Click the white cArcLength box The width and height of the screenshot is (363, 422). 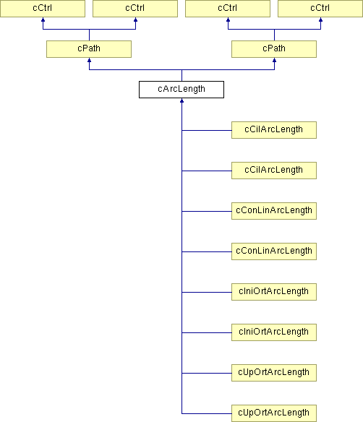point(181,90)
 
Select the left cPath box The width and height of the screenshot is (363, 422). point(89,49)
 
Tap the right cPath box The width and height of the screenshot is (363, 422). point(274,49)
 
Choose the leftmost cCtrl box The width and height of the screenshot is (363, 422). point(43,9)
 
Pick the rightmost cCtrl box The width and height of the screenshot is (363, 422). point(320,9)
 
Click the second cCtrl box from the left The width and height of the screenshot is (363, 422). point(135,9)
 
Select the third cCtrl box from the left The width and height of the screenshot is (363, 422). point(228,9)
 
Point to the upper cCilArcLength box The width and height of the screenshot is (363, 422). point(274,130)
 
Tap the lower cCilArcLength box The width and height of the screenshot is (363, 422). point(274,171)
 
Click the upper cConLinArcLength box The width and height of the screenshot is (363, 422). point(274,211)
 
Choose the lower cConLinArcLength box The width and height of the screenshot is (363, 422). point(274,251)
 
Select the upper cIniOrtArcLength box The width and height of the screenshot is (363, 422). point(274,292)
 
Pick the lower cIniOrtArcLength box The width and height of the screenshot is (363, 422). point(274,332)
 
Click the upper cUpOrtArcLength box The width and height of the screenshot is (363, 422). point(274,373)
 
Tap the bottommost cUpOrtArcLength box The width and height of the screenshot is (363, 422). point(274,413)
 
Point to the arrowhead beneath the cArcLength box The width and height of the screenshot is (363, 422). point(181,100)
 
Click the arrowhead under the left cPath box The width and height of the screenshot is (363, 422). point(89,60)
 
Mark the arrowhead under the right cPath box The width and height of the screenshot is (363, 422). point(274,60)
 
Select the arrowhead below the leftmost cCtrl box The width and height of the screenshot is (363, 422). point(43,20)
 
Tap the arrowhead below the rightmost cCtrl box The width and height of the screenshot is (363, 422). point(321,20)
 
